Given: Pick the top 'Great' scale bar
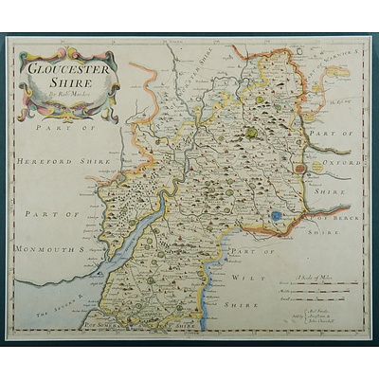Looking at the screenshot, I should tap(322, 284).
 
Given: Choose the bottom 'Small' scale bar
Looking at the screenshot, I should tap(322, 298).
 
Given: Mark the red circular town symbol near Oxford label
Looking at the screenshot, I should tap(302, 169).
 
